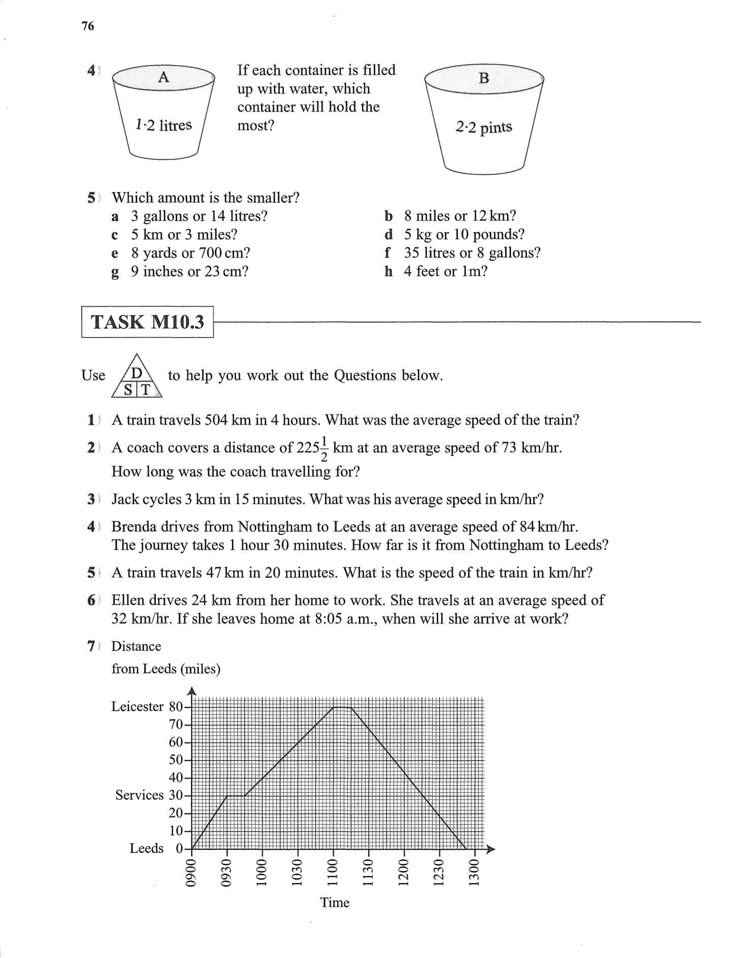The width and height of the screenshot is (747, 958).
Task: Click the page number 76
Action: click(88, 26)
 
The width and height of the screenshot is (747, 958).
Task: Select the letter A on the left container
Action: click(163, 77)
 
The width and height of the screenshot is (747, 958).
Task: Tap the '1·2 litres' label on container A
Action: click(164, 125)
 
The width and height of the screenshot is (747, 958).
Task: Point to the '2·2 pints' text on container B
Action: click(484, 127)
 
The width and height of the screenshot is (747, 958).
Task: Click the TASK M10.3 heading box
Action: click(147, 322)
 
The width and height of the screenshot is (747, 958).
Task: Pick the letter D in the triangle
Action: click(137, 374)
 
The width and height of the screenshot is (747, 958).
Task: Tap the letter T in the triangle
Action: click(146, 390)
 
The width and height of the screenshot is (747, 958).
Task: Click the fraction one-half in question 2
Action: click(325, 448)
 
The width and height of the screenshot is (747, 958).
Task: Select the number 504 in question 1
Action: click(216, 420)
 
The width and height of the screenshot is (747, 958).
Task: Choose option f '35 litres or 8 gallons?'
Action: click(472, 253)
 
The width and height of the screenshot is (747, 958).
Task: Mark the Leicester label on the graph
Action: click(137, 706)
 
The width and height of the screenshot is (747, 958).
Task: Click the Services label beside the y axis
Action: click(139, 795)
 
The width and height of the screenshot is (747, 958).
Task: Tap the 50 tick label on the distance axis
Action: click(176, 760)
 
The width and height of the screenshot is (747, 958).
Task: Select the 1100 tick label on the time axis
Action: click(333, 872)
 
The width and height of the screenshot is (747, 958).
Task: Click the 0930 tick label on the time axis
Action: click(227, 872)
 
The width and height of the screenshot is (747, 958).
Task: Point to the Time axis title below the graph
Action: click(335, 903)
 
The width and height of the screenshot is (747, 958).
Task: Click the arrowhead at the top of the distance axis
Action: click(192, 691)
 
